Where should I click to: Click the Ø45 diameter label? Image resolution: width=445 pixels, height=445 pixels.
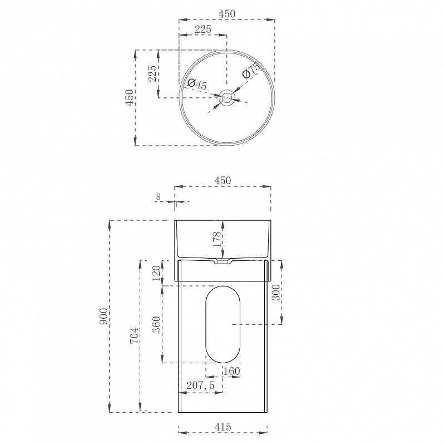[197, 85]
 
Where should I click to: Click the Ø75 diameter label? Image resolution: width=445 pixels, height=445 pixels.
[251, 71]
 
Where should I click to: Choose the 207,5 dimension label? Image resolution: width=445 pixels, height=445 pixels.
[200, 385]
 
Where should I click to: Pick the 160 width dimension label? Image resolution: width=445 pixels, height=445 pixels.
[232, 371]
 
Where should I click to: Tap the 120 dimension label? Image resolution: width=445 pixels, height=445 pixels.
[156, 273]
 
